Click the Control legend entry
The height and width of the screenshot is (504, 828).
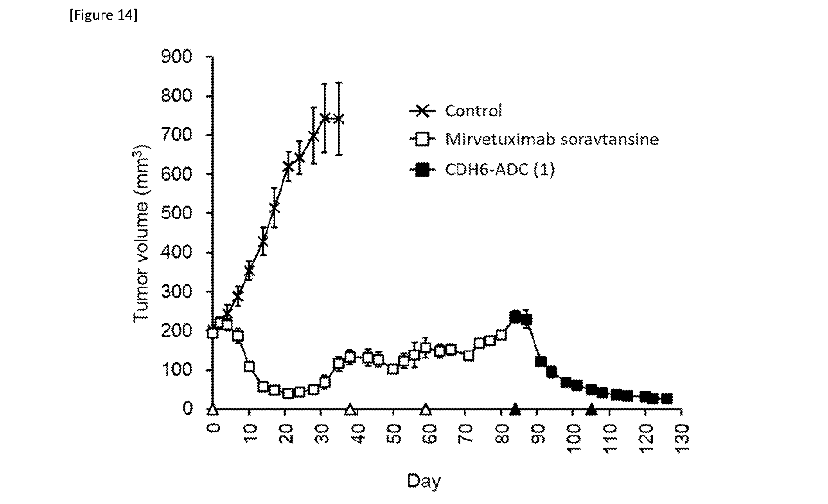[x=456, y=111]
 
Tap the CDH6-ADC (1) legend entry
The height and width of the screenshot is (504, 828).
[x=482, y=170]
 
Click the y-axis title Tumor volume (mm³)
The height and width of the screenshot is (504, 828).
[x=141, y=233]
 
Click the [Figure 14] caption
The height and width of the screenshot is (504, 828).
[x=104, y=16]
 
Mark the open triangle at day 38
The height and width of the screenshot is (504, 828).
[x=350, y=410]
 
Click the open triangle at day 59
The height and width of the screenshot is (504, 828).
[x=426, y=410]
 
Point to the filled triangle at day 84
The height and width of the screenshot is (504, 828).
[x=515, y=410]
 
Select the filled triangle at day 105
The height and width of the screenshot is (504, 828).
[x=591, y=410]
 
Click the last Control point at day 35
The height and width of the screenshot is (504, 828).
[x=339, y=119]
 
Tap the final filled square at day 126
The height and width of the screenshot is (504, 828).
[x=667, y=399]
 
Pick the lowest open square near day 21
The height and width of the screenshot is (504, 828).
[x=288, y=393]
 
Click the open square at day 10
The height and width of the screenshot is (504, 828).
[x=249, y=367]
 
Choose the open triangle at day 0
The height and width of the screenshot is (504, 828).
[x=212, y=410]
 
